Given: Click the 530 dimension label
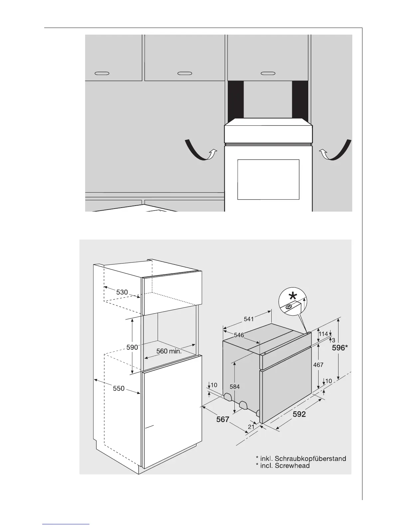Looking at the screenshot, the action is (x=122, y=292).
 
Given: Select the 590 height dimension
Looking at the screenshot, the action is (x=132, y=347).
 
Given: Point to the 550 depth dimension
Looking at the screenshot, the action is (x=118, y=388).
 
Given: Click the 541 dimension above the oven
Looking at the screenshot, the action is (x=248, y=319).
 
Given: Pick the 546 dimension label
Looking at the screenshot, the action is (x=238, y=335).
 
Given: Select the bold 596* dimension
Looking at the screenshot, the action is (x=340, y=348).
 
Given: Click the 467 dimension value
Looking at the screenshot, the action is (x=318, y=365).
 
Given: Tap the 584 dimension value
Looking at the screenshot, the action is (x=235, y=387).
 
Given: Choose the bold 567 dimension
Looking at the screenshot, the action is (x=223, y=420).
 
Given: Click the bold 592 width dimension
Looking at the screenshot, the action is (x=299, y=415).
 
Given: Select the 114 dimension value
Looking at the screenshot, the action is (x=323, y=333).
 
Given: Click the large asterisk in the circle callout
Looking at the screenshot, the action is (x=293, y=295).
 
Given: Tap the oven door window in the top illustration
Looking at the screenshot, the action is (x=268, y=179).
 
